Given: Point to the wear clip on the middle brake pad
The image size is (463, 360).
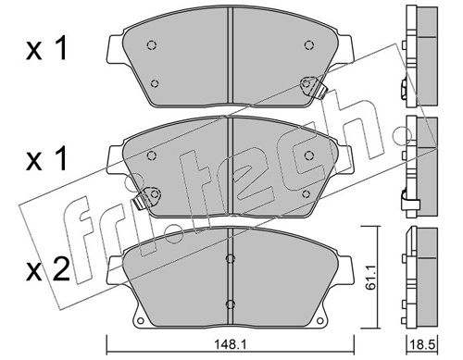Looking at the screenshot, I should point(145,196).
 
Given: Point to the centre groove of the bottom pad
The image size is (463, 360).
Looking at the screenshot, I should point(231,278).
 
